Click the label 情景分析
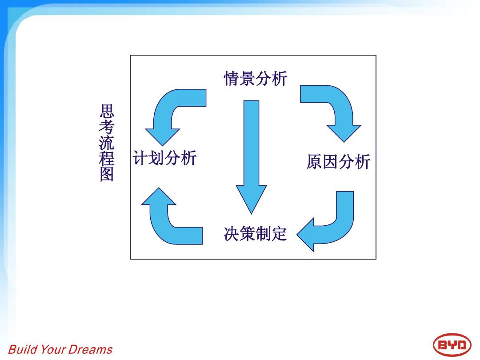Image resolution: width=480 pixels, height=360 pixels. click(256, 78)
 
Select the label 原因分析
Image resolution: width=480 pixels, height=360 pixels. click(338, 162)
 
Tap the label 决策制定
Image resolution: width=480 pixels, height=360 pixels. click(255, 234)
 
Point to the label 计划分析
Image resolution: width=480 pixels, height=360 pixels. click(164, 158)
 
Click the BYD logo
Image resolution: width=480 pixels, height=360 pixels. click(452, 345)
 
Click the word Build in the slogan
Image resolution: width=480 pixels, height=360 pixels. click(23, 349)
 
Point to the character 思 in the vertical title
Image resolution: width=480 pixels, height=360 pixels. click(107, 112)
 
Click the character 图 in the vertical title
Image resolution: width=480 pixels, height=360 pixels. click(107, 174)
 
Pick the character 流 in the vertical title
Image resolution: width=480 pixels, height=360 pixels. click(107, 143)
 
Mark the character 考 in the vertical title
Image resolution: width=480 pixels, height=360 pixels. click(107, 127)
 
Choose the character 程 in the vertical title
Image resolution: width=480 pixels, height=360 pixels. click(107, 158)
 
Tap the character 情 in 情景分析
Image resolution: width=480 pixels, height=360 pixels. click(232, 78)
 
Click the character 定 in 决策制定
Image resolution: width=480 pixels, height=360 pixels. click(280, 234)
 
